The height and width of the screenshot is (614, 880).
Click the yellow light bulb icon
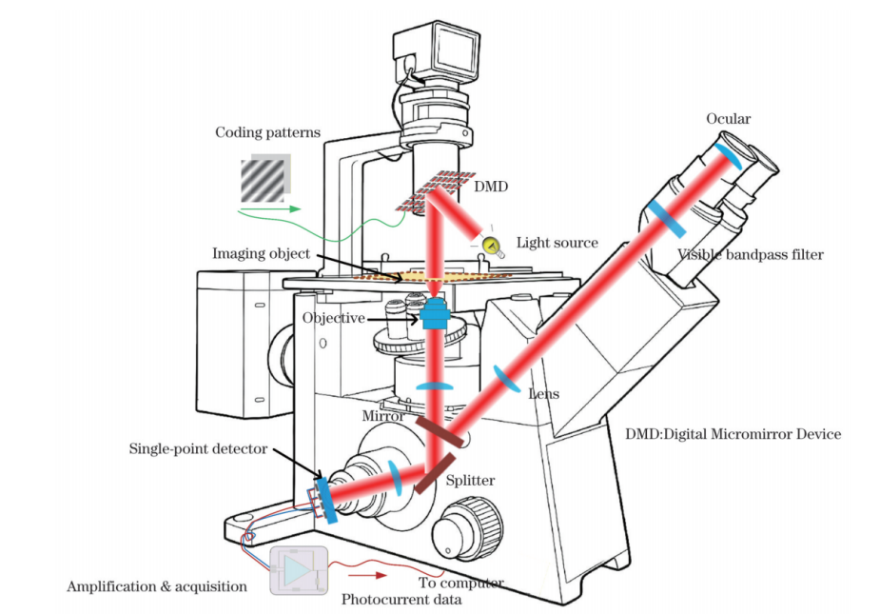click(492, 246)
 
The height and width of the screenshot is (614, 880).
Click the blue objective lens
click(433, 313)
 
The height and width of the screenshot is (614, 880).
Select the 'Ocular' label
click(728, 119)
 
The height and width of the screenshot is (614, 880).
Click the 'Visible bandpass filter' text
click(751, 254)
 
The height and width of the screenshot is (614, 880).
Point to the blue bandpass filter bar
click(666, 218)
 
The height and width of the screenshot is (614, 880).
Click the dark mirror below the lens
click(440, 431)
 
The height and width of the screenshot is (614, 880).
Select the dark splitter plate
click(435, 474)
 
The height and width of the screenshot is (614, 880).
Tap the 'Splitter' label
click(470, 481)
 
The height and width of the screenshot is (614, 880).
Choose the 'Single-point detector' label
click(198, 449)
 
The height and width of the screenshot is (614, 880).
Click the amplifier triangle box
click(299, 570)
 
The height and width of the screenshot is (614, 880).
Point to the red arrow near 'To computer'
click(367, 575)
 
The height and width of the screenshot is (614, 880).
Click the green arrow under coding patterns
click(269, 209)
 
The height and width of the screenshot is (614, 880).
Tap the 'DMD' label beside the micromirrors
click(491, 187)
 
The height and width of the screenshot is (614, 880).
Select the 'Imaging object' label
click(261, 253)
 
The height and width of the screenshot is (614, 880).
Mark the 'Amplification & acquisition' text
click(157, 586)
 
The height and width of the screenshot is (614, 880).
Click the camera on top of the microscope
click(437, 53)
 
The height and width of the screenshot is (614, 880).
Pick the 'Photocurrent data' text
click(401, 600)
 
